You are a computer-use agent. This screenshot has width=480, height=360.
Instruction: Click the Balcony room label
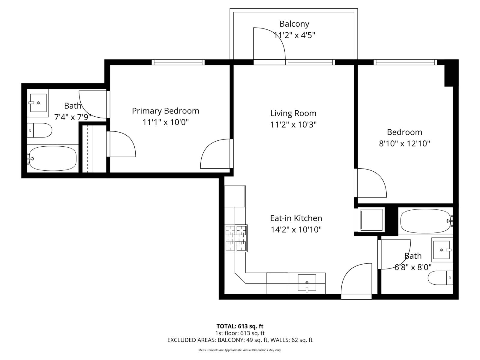click(294, 24)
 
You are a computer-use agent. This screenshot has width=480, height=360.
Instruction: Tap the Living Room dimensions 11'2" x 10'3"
click(293, 124)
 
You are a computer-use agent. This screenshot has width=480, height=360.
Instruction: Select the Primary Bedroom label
click(165, 111)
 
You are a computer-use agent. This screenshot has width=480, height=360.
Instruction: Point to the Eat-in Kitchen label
click(296, 218)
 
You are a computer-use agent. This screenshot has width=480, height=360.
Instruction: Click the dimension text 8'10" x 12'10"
click(404, 144)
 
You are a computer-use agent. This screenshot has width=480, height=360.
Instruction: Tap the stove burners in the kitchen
click(236, 238)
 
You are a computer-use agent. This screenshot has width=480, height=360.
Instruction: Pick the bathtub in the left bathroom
click(52, 158)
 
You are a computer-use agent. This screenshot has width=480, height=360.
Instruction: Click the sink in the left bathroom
click(38, 103)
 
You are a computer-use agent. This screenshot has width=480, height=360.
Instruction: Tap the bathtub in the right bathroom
click(425, 221)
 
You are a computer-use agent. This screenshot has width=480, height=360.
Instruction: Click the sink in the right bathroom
click(441, 250)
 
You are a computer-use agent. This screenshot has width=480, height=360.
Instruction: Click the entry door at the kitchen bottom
click(356, 280)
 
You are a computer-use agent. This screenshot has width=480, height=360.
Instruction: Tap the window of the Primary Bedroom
click(178, 62)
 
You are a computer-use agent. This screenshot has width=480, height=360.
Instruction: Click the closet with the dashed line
click(93, 149)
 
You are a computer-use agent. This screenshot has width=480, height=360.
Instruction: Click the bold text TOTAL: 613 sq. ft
click(240, 326)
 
